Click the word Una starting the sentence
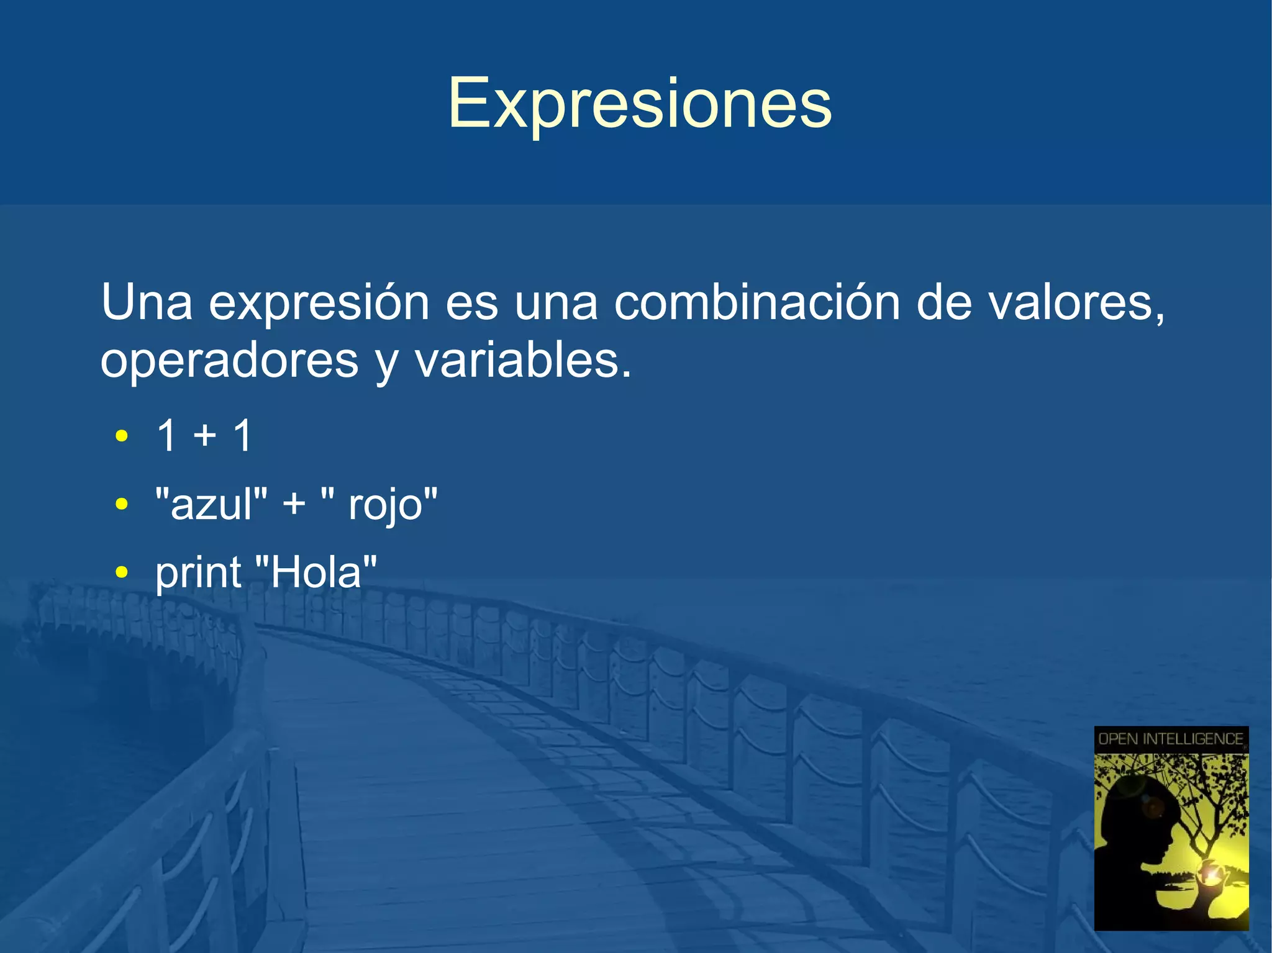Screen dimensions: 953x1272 click(147, 302)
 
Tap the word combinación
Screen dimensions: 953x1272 click(756, 302)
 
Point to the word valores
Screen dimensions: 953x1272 click(1074, 302)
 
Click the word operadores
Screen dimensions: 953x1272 click(229, 361)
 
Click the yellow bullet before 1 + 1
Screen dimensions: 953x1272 click(122, 436)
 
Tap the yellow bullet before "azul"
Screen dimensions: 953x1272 click(122, 504)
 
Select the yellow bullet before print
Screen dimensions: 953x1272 click(122, 572)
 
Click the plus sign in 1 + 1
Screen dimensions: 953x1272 click(205, 436)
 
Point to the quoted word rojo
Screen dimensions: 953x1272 click(385, 504)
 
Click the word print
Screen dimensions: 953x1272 click(198, 572)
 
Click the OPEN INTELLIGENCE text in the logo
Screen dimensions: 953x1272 click(1171, 739)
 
